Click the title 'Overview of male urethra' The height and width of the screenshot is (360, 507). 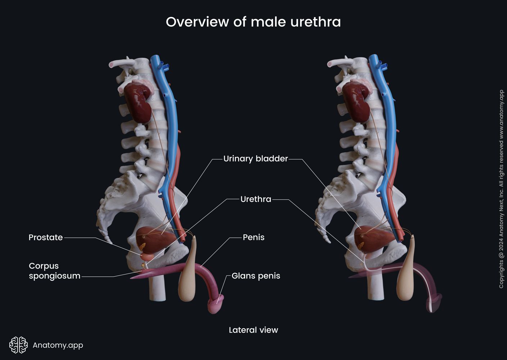click(253, 22)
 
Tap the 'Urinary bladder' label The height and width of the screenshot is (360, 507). click(255, 159)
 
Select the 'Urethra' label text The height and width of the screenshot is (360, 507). click(255, 199)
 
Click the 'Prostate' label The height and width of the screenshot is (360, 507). click(46, 237)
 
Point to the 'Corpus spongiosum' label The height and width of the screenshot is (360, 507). click(54, 271)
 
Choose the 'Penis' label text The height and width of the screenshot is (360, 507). click(253, 237)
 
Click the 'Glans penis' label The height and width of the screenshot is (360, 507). click(255, 276)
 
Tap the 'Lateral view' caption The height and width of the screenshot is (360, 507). click(253, 330)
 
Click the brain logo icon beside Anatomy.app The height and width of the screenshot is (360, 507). click(19, 345)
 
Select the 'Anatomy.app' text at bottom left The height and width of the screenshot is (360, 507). click(58, 345)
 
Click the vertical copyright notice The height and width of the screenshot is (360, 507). click(501, 189)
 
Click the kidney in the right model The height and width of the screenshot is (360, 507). click(356, 103)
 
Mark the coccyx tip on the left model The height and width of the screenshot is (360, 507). click(108, 239)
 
